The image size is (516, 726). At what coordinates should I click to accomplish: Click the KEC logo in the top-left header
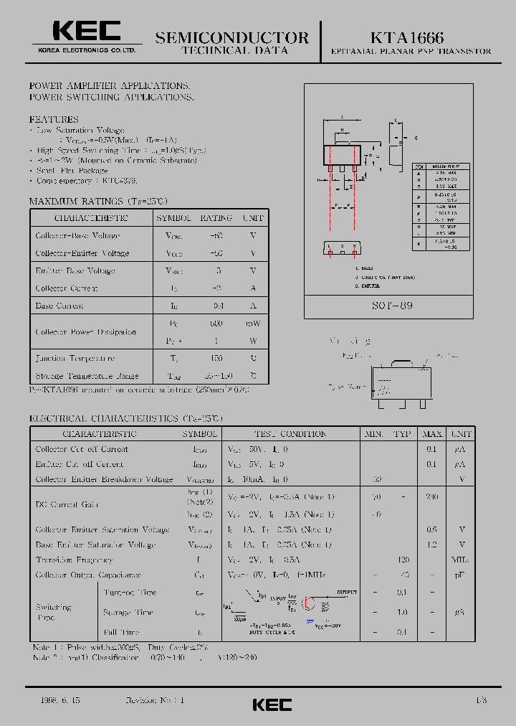[85, 32]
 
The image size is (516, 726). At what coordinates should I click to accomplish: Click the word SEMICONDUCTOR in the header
[231, 37]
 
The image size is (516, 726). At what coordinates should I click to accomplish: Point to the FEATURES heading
[54, 119]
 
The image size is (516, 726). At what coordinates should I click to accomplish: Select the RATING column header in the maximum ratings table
[216, 217]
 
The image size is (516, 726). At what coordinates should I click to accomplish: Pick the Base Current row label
[59, 306]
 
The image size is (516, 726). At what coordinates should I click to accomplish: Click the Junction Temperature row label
[75, 358]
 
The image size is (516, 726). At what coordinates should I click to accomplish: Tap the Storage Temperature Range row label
[87, 376]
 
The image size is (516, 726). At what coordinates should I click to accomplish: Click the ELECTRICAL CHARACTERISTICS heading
[125, 418]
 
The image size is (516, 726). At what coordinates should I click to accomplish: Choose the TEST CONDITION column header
[290, 434]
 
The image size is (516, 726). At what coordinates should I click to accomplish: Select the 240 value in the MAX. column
[431, 496]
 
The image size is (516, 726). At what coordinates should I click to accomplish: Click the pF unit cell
[461, 575]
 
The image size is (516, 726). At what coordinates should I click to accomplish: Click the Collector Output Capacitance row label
[88, 575]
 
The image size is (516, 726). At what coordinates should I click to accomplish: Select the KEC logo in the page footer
[272, 704]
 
